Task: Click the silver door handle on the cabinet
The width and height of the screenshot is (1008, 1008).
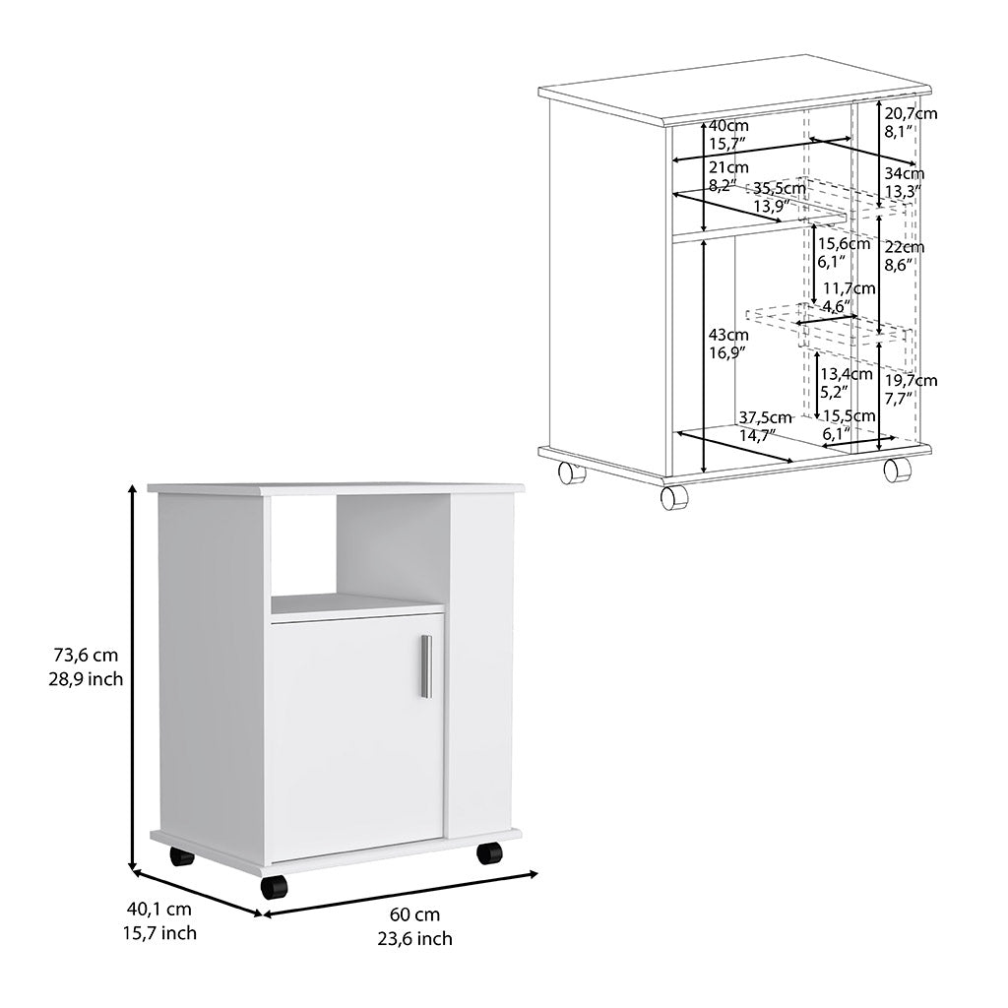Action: [x=426, y=666]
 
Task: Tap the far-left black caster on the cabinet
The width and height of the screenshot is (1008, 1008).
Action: [x=181, y=855]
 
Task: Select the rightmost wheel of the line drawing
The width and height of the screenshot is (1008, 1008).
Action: [x=897, y=470]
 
